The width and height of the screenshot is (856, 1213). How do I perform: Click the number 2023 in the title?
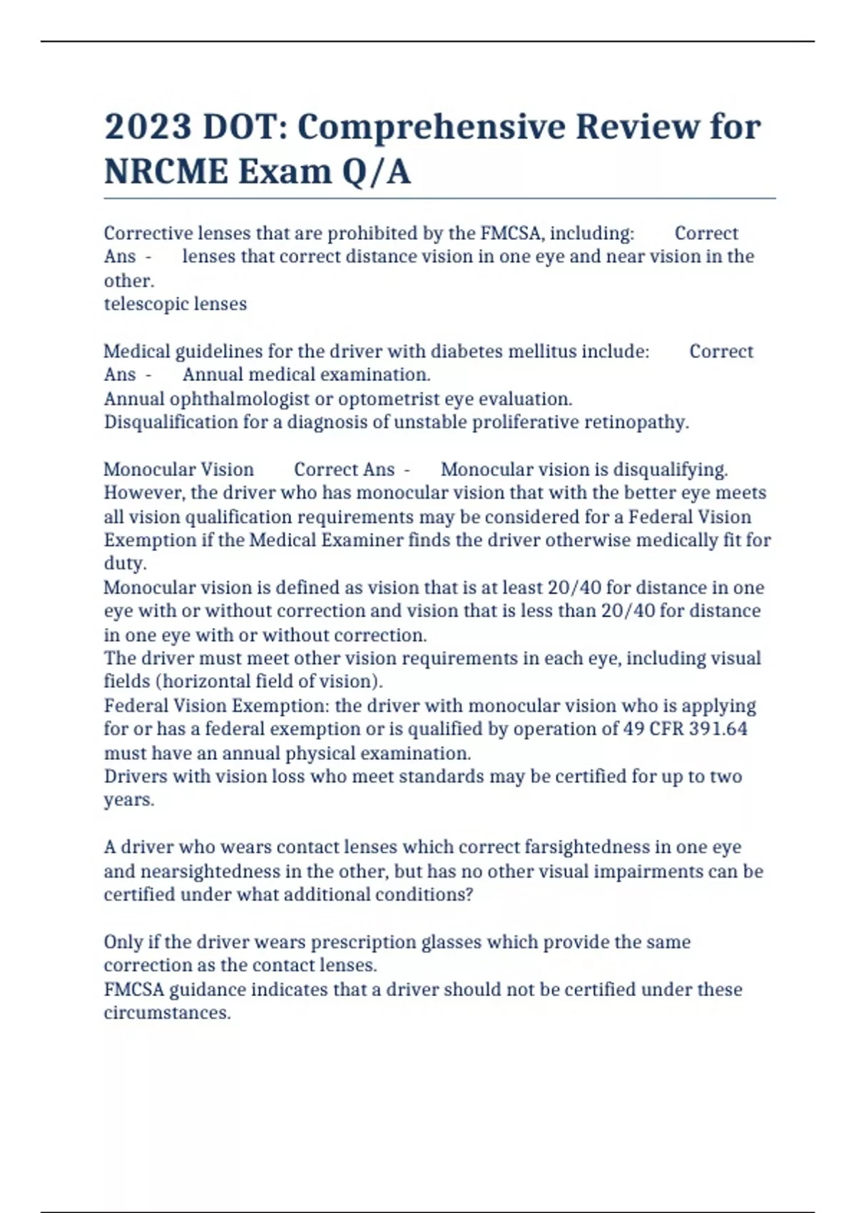148,127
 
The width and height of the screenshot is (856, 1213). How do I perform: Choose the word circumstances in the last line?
167,1013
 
